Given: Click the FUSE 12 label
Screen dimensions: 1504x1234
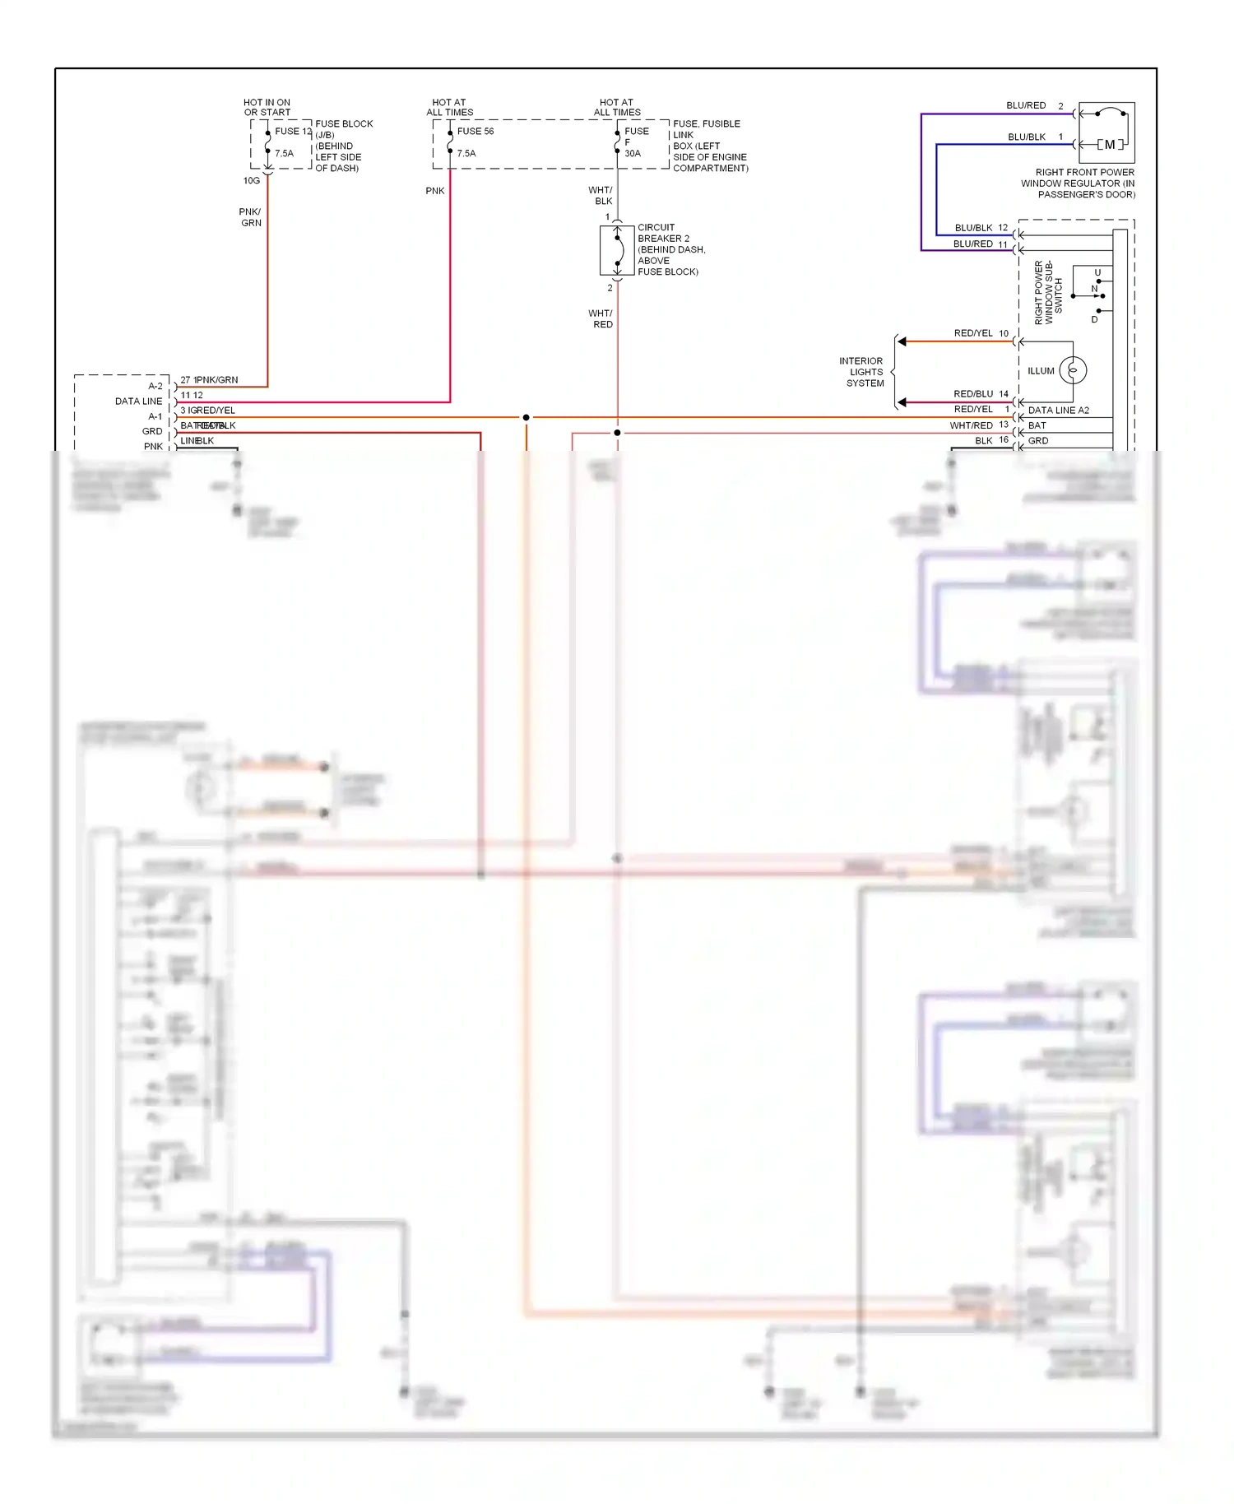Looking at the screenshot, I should click(x=293, y=132).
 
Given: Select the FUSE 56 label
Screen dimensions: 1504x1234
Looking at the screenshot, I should click(x=476, y=132).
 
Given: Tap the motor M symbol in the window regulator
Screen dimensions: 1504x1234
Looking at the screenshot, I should click(x=1110, y=145).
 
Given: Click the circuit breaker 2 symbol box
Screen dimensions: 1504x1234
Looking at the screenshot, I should click(x=617, y=250).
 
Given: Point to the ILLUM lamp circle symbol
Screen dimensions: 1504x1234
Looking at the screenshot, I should click(x=1073, y=370).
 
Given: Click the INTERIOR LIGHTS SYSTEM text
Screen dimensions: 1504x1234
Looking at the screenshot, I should click(x=861, y=372).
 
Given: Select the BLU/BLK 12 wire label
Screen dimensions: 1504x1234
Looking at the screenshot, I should click(x=981, y=228).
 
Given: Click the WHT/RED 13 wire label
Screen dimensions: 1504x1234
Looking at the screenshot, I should click(x=978, y=425).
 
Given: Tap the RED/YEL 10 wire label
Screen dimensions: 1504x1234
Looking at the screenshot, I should click(x=981, y=333).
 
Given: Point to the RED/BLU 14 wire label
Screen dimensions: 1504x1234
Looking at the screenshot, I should click(x=980, y=394).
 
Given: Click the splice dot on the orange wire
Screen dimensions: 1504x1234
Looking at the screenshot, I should click(x=527, y=418).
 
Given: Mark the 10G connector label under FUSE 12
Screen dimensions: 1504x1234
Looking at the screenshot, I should click(x=252, y=181).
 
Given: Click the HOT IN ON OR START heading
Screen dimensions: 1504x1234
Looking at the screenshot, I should click(x=267, y=108).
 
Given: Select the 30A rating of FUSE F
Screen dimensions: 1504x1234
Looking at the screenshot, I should click(x=633, y=154).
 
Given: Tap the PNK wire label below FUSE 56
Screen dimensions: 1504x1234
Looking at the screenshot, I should click(x=435, y=191).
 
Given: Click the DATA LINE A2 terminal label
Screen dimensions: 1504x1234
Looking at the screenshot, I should click(x=1058, y=411).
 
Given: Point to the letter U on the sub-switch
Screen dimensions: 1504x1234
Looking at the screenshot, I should click(x=1097, y=272).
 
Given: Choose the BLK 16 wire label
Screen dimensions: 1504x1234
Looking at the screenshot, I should click(x=991, y=441).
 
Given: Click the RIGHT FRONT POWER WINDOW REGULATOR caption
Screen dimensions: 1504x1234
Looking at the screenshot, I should click(x=1079, y=183).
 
